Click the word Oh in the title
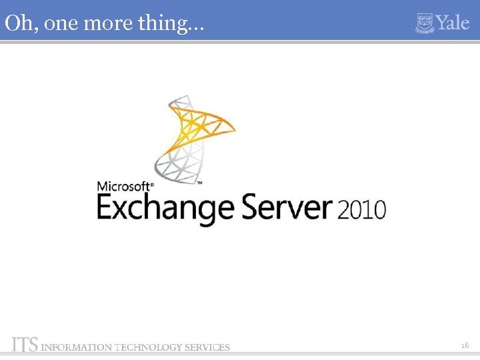(16, 23)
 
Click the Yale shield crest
(425, 23)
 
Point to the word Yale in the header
(454, 23)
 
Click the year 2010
(362, 209)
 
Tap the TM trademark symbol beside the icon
(199, 182)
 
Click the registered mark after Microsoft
(153, 183)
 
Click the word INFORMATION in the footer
(77, 347)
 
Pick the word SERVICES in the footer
(207, 347)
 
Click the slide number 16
(465, 345)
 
